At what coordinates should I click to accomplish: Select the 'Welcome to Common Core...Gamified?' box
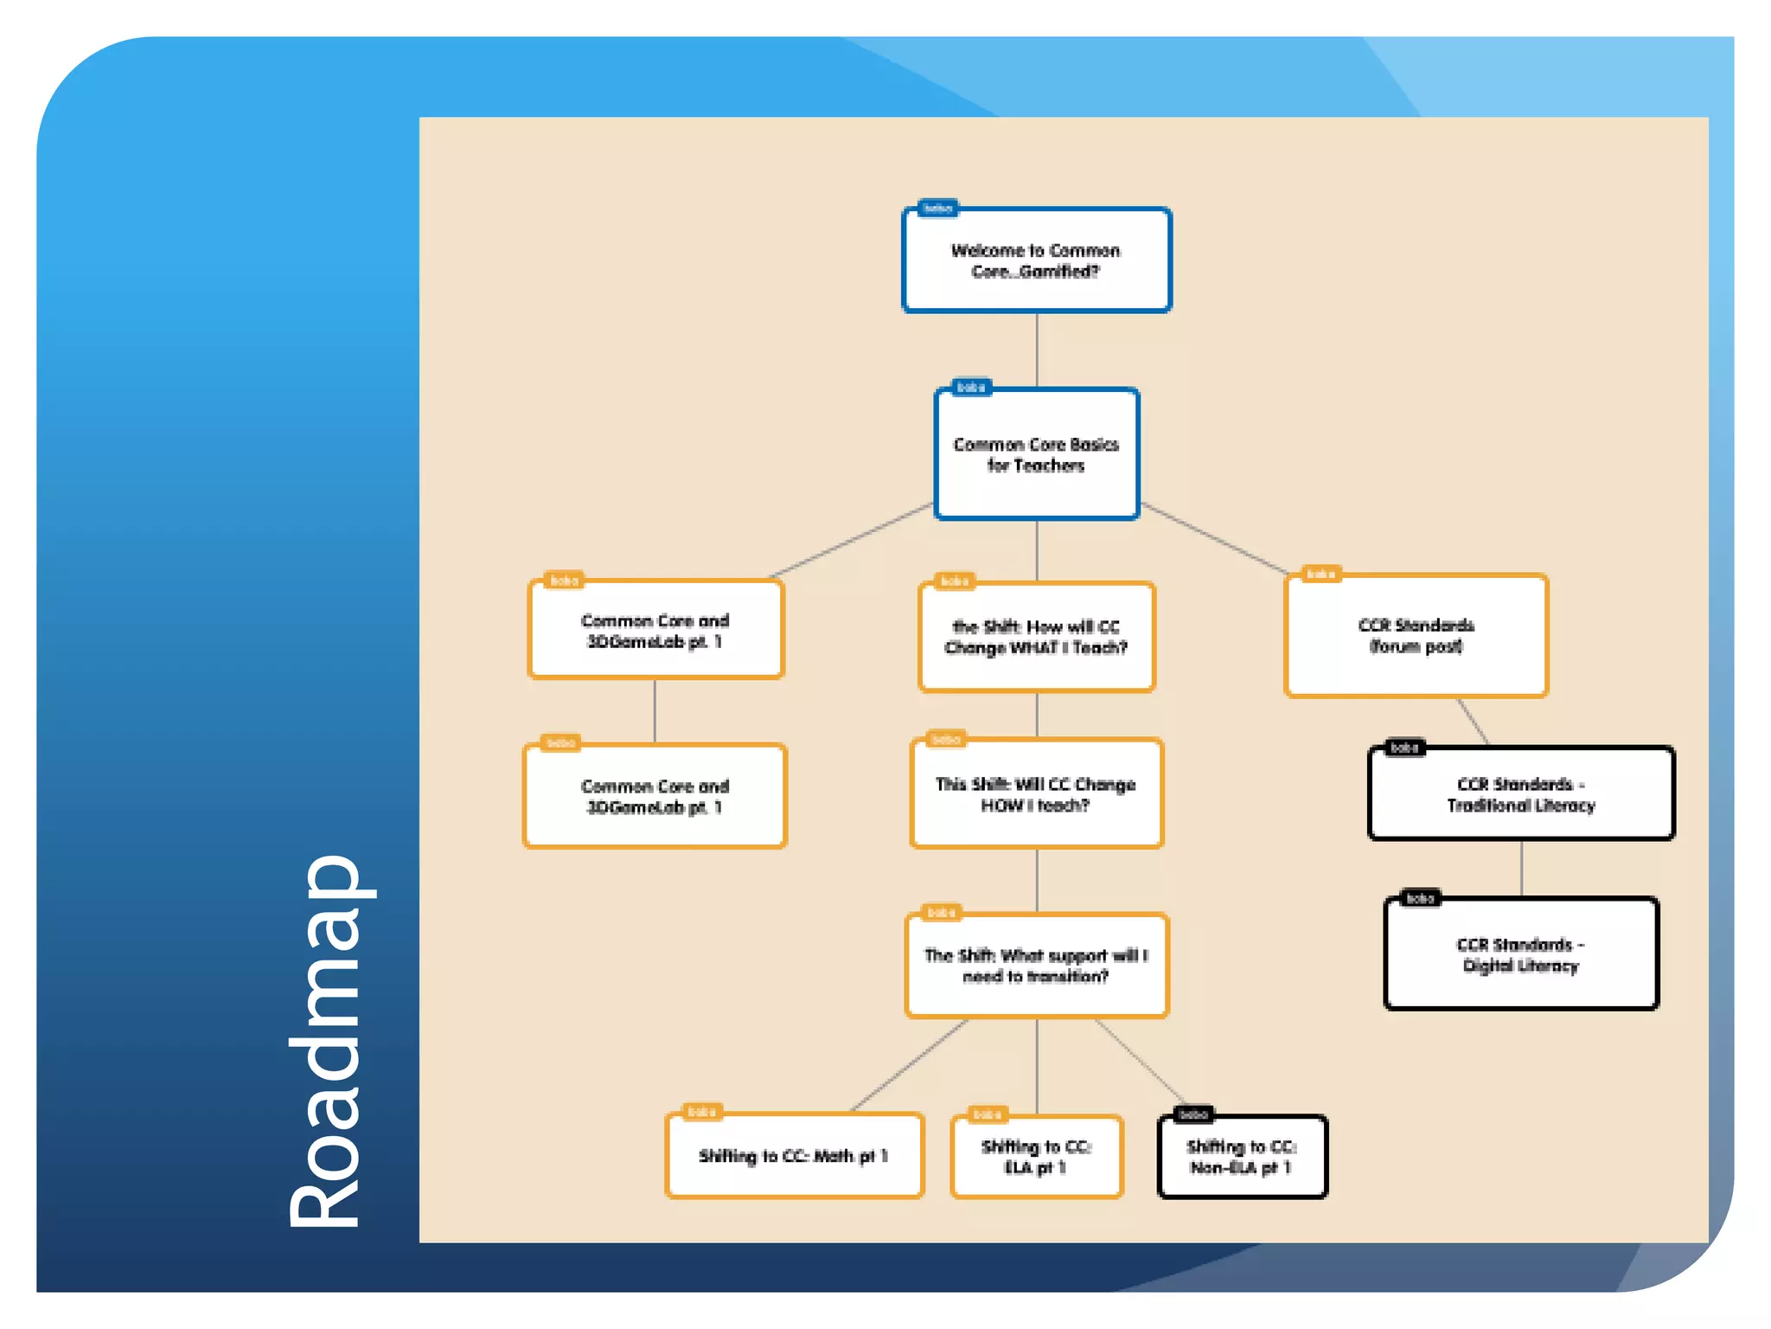pyautogui.click(x=1036, y=260)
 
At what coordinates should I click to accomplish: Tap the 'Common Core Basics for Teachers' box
pyautogui.click(x=1036, y=454)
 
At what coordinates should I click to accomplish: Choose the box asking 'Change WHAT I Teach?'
pyautogui.click(x=1036, y=638)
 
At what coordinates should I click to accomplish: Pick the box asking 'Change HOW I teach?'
pyautogui.click(x=1036, y=794)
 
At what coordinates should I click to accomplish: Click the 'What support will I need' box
pyautogui.click(x=1036, y=966)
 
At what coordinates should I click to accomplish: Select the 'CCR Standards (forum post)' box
pyautogui.click(x=1416, y=636)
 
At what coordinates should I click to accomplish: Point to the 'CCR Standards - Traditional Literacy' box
pyautogui.click(x=1520, y=794)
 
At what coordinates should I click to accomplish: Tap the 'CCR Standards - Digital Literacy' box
pyautogui.click(x=1520, y=954)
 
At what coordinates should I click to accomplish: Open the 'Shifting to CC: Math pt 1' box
pyautogui.click(x=794, y=1156)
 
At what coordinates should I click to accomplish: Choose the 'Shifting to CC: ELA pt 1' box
pyautogui.click(x=1036, y=1157)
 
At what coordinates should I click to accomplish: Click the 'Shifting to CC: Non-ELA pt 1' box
pyautogui.click(x=1242, y=1157)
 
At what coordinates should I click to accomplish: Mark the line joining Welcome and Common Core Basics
pyautogui.click(x=1037, y=350)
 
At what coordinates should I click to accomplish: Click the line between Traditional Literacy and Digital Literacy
pyautogui.click(x=1521, y=868)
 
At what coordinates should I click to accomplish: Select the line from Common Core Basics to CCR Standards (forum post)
pyautogui.click(x=1214, y=538)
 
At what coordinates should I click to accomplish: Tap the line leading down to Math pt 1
pyautogui.click(x=908, y=1065)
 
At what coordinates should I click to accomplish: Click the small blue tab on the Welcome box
pyautogui.click(x=937, y=209)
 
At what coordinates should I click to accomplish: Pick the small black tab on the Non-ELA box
pyautogui.click(x=1193, y=1114)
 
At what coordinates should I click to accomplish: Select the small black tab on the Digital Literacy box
pyautogui.click(x=1420, y=899)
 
